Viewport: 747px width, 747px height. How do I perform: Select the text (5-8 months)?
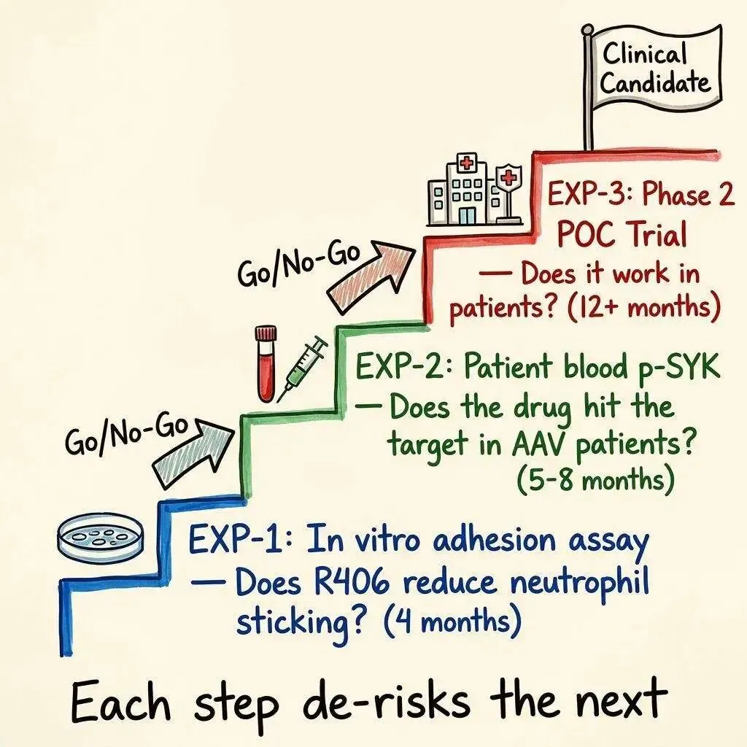(594, 481)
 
